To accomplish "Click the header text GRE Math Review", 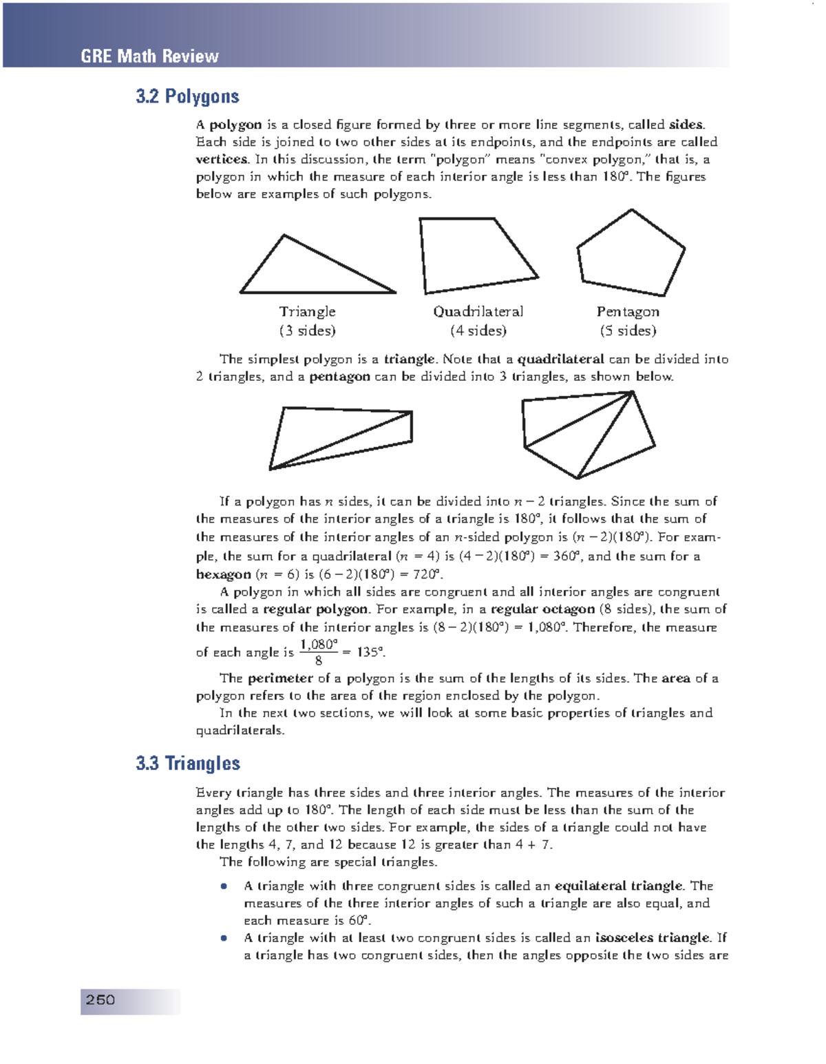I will (x=149, y=56).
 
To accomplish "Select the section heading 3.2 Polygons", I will (x=187, y=96).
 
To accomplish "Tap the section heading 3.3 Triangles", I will (x=188, y=763).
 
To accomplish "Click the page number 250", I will (x=100, y=1000).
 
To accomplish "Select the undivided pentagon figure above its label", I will (x=630, y=255).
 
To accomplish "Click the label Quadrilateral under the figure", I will (x=478, y=312).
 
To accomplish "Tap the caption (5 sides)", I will (x=628, y=331).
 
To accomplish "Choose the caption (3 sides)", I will (x=308, y=331).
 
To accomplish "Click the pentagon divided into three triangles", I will (x=589, y=434).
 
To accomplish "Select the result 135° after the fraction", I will (x=372, y=652).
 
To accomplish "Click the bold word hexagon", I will (x=223, y=574).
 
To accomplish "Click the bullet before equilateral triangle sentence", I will (x=224, y=886).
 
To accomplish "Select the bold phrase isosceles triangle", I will (x=652, y=938).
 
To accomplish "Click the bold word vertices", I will (x=222, y=159).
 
